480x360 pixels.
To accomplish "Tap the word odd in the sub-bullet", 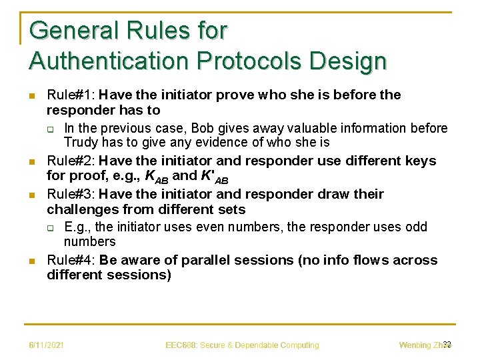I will point(416,227).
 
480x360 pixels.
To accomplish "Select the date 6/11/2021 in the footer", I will point(46,345).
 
